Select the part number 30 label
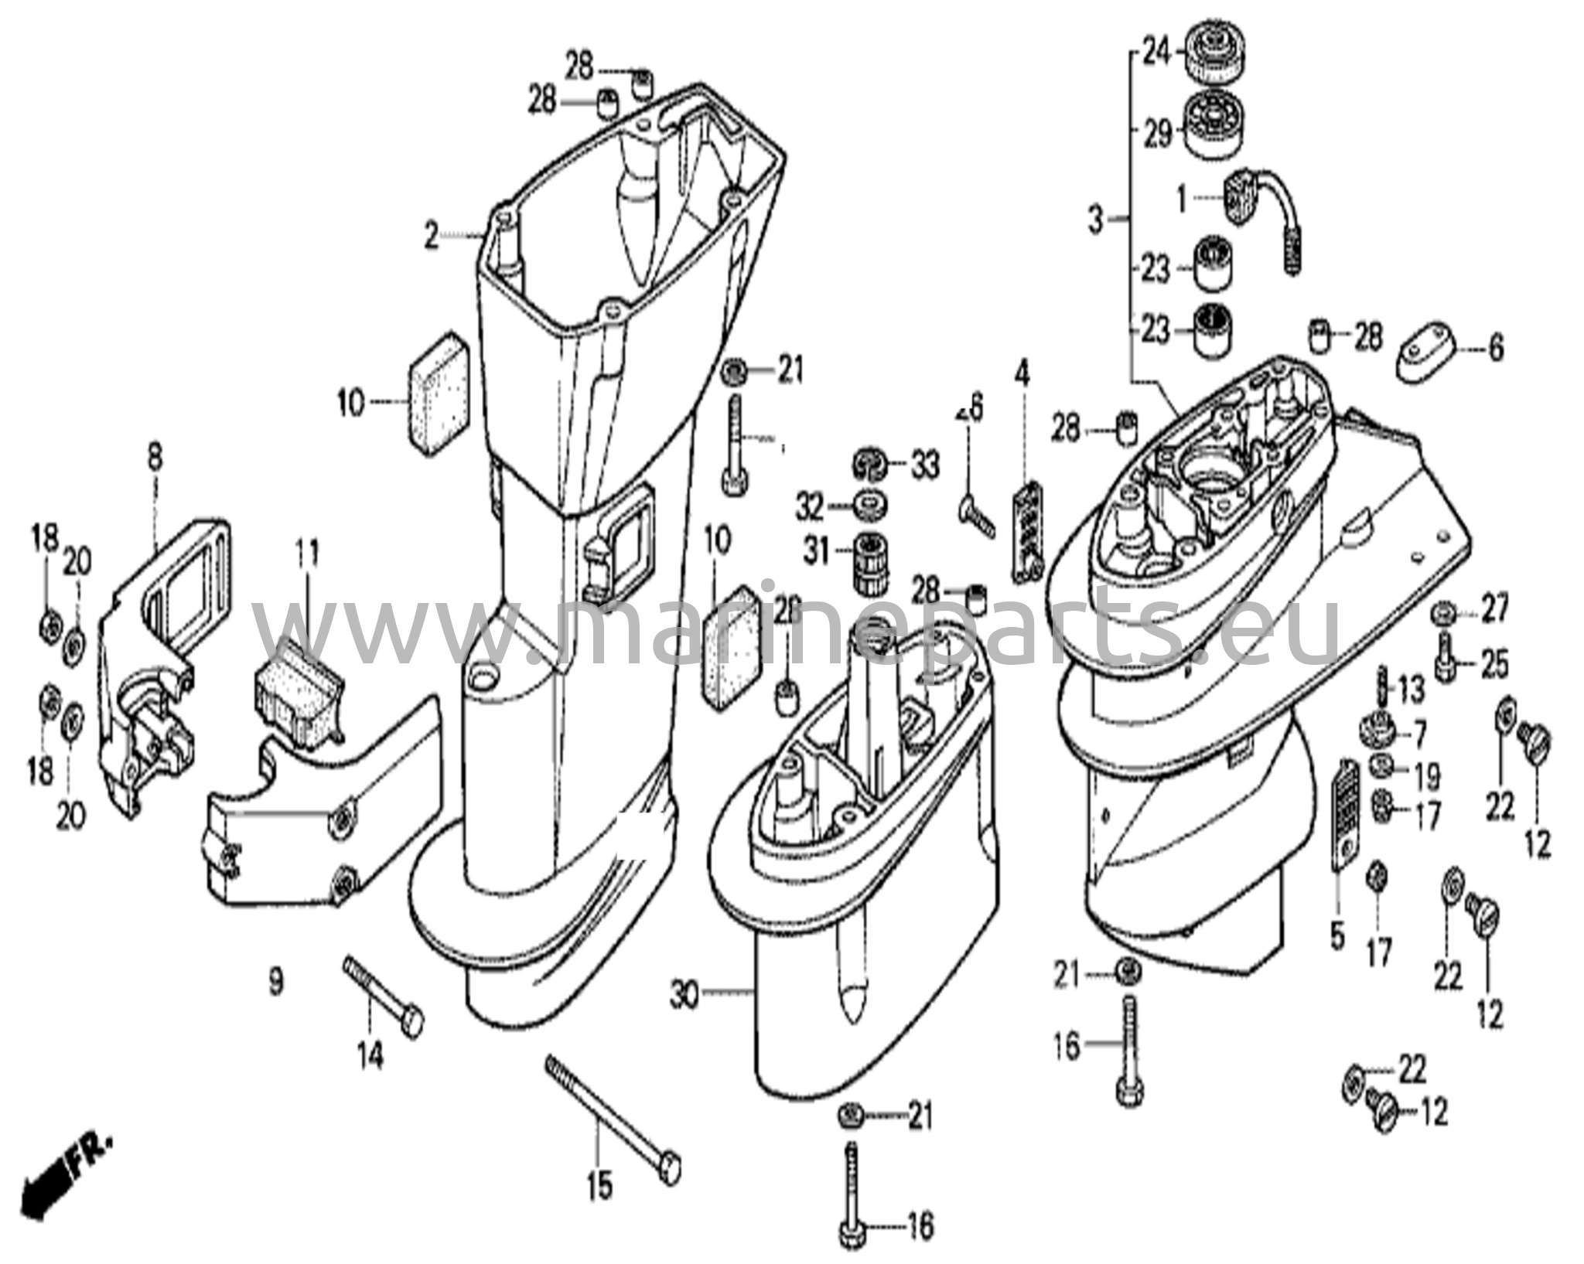[x=684, y=993]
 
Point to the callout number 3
[x=1096, y=220]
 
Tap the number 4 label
[x=1022, y=375]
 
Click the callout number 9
[x=276, y=982]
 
